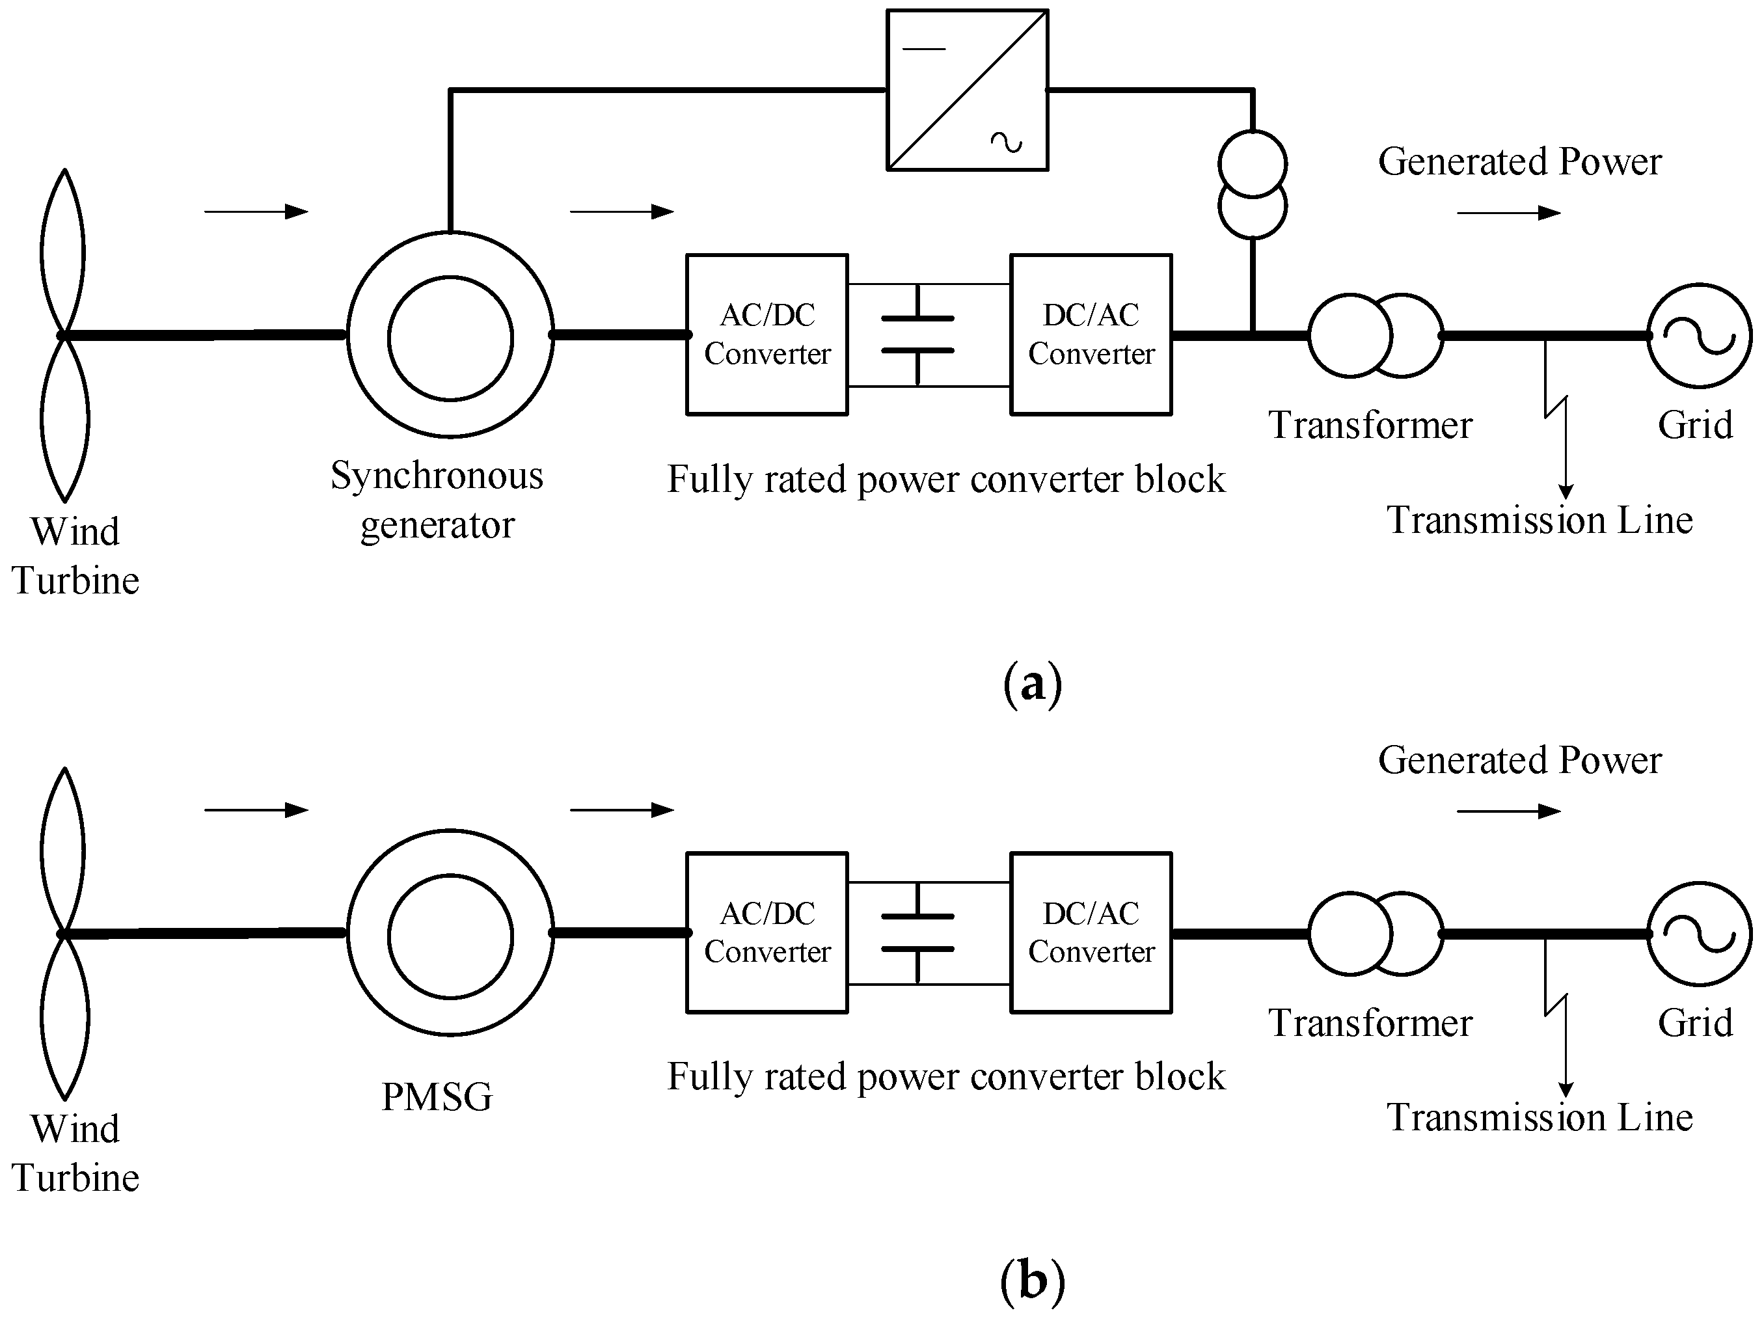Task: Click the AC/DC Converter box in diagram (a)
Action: coord(767,334)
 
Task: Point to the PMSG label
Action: coord(437,1096)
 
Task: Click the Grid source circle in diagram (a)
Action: coord(1700,336)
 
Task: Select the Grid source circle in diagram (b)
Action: coord(1700,934)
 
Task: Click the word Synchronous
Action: coord(437,476)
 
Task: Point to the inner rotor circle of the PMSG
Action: coord(450,936)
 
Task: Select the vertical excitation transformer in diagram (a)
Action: coord(1252,184)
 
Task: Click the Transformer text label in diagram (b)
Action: coord(1370,1023)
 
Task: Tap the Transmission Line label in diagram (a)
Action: coord(1539,521)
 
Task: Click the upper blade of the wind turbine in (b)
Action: coord(63,849)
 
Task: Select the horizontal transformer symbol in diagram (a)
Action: coord(1376,336)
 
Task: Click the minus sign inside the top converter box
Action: coord(923,49)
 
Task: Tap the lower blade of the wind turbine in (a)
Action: coord(64,418)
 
